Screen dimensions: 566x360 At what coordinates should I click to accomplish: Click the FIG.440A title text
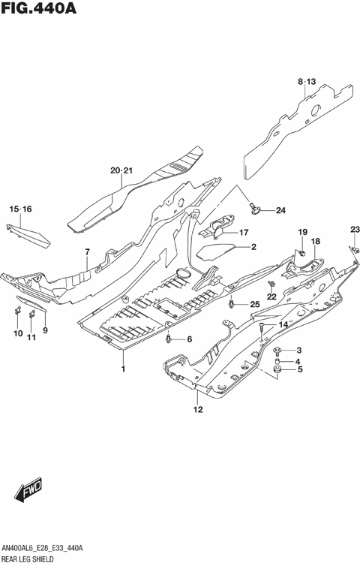coord(40,10)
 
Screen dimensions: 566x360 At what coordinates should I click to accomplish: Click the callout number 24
coord(280,209)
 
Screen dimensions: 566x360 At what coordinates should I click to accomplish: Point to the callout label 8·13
coord(307,80)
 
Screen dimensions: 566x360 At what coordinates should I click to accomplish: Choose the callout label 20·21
coord(121,171)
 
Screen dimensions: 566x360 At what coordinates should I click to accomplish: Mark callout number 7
coord(87,251)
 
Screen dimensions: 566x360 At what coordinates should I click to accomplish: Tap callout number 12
coord(198,409)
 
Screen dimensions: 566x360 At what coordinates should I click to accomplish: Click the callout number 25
coord(254,304)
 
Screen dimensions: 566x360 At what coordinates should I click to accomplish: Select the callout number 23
coord(355,229)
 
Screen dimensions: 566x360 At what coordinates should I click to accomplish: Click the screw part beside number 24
coord(256,208)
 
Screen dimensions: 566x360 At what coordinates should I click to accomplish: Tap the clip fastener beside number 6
coord(171,339)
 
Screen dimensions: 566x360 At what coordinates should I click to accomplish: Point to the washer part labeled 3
coord(277,350)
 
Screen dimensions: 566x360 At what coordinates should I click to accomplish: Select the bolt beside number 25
coord(235,303)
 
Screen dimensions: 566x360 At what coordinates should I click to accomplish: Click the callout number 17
coord(244,233)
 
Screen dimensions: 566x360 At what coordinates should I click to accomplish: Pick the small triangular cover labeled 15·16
coord(34,237)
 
